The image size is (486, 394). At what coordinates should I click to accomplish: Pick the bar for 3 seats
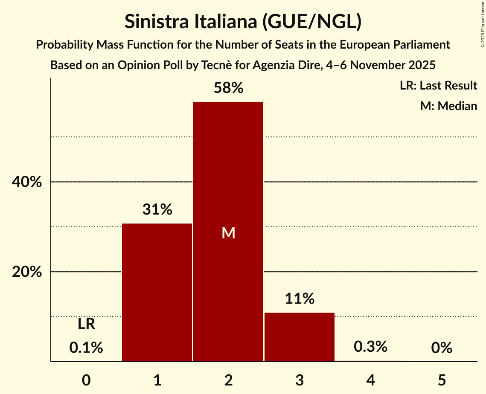click(300, 337)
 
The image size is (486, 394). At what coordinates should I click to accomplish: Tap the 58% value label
click(228, 88)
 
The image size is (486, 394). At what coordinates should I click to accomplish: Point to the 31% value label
click(157, 210)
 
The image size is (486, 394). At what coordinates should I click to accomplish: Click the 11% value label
click(300, 299)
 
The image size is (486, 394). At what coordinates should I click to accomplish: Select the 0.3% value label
click(370, 347)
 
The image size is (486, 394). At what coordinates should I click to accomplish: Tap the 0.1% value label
click(86, 348)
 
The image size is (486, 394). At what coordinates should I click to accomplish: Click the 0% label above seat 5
click(441, 348)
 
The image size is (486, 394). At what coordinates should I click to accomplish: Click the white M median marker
click(228, 233)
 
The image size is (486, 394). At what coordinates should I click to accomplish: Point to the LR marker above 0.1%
click(86, 324)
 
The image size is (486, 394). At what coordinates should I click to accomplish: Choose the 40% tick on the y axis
click(26, 182)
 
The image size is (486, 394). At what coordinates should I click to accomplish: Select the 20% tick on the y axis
click(26, 272)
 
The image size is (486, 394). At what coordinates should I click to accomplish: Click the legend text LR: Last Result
click(438, 86)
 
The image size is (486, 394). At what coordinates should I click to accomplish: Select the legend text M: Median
click(448, 106)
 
